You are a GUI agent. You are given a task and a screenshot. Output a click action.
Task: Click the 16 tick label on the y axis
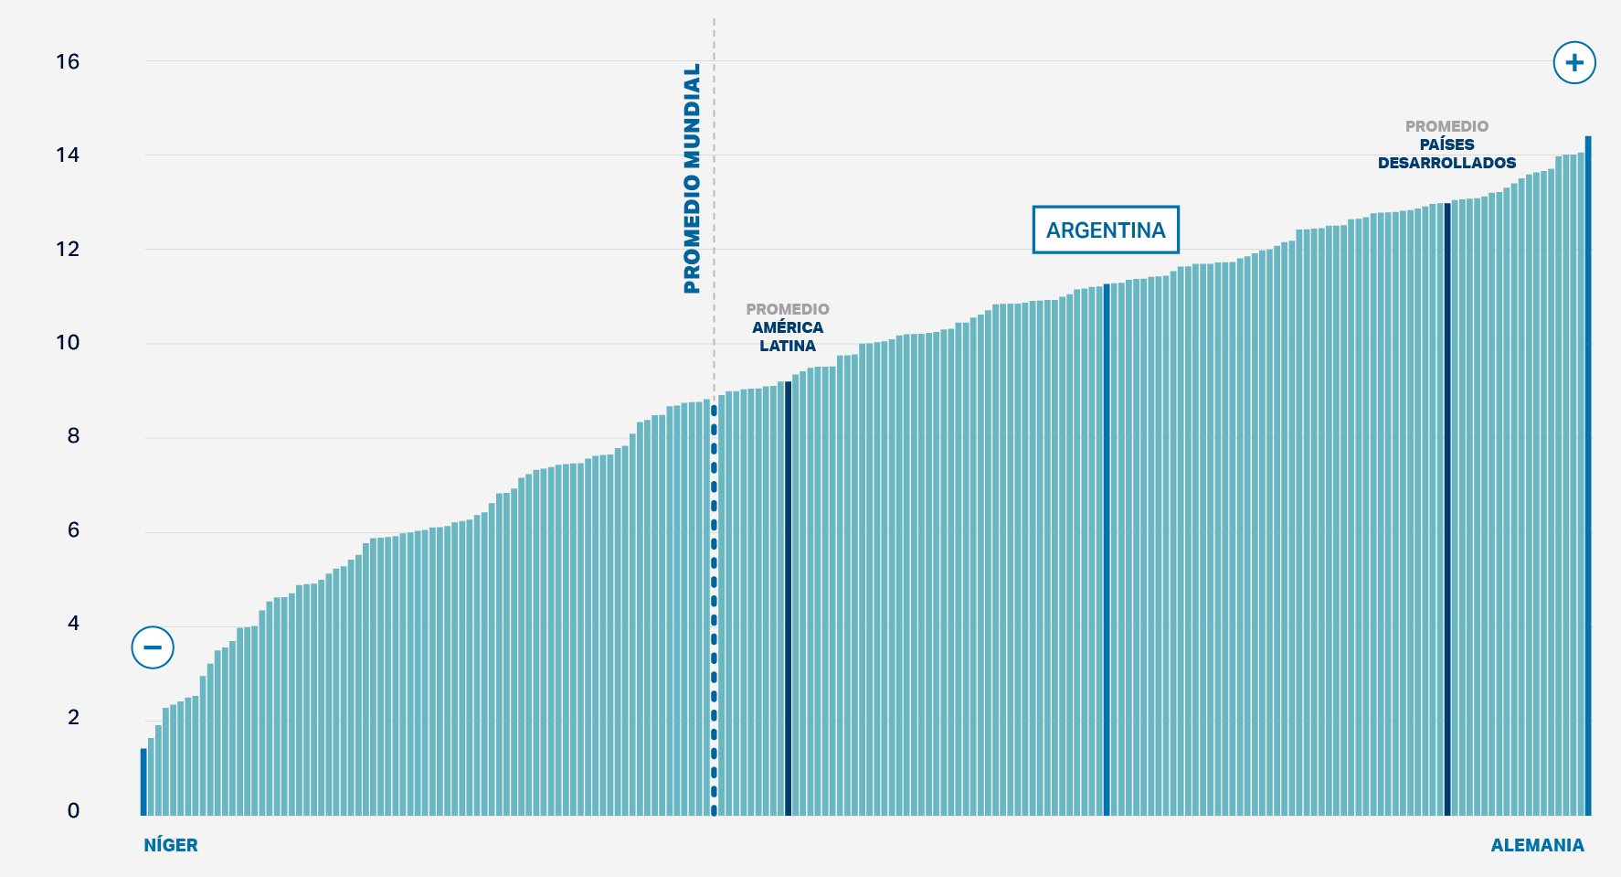[x=68, y=62]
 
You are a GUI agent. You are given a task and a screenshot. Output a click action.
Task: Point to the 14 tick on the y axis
[x=68, y=155]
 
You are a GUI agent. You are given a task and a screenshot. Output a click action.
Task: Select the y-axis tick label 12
[x=68, y=249]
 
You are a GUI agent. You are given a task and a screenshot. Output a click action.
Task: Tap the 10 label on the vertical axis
[x=68, y=343]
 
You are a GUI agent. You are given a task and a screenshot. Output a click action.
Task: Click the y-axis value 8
[x=73, y=436]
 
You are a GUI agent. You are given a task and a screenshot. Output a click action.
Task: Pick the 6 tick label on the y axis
[x=73, y=530]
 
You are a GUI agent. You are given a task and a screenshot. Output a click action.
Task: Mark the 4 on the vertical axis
[x=73, y=624]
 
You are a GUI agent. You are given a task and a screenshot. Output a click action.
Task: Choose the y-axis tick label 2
[x=73, y=718]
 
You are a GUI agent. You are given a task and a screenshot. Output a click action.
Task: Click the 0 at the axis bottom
[x=73, y=811]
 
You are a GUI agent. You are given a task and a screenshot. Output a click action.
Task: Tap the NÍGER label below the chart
[x=171, y=845]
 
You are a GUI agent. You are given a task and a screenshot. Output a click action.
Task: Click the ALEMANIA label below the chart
[x=1537, y=845]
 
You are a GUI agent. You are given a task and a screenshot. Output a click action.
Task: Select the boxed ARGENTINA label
[x=1106, y=230]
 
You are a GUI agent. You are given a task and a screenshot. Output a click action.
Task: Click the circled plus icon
[x=1574, y=63]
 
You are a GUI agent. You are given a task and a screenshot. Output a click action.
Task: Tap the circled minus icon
[x=153, y=647]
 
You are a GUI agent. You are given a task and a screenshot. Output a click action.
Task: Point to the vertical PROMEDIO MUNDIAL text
[x=692, y=178]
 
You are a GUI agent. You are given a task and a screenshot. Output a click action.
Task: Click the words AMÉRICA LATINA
[x=788, y=337]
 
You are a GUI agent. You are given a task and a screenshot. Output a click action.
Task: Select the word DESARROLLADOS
[x=1446, y=163]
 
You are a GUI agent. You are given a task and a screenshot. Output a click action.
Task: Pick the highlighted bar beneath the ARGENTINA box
[x=1107, y=549]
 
